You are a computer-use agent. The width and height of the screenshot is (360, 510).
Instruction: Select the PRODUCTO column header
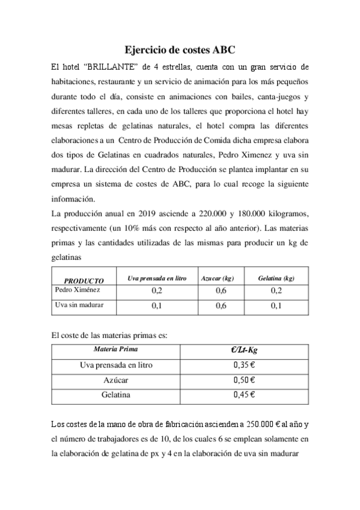(84, 280)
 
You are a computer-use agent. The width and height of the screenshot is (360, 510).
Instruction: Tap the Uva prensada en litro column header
(157, 278)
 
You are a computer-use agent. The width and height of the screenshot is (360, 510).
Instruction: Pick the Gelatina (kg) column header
(276, 278)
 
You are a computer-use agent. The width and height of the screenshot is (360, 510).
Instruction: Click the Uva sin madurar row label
(79, 305)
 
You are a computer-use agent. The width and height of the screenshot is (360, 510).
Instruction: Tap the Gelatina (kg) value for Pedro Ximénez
(276, 291)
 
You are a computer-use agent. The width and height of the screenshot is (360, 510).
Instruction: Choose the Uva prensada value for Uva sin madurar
(157, 306)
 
